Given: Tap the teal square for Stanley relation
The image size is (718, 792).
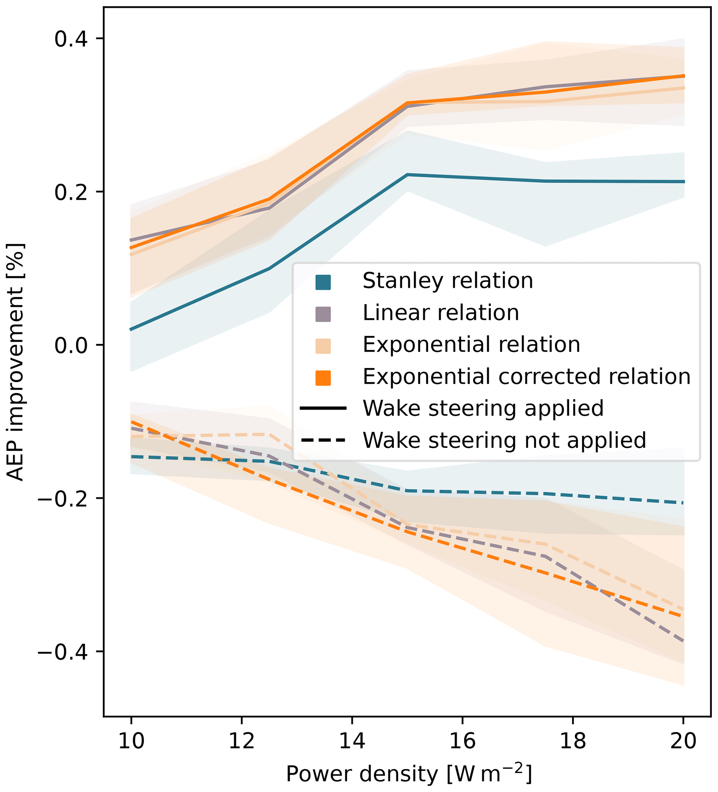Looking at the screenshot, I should (323, 282).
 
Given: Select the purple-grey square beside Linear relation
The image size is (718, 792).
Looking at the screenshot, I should (323, 314).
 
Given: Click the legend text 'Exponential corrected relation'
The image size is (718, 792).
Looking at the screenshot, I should (526, 377).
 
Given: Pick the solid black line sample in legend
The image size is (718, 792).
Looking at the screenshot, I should (323, 409).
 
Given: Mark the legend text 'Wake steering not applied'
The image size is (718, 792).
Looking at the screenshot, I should (504, 440).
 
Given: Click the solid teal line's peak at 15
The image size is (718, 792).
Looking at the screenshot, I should (407, 174).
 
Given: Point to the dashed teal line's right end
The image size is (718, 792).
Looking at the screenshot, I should (683, 503).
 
